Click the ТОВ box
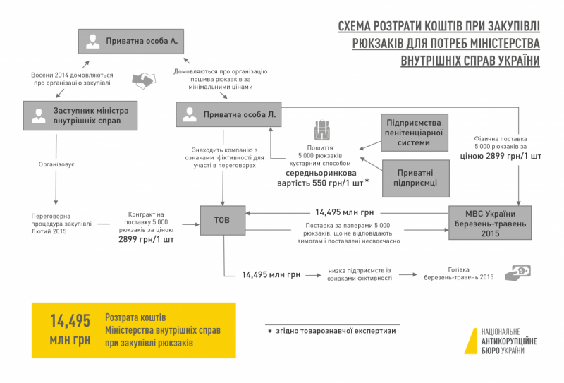coord(223,219)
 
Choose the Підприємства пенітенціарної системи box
coord(414,132)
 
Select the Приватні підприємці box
coord(414,177)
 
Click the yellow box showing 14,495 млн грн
coord(133,330)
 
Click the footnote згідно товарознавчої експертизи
coord(331,330)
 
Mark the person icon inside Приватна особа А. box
coord(92,42)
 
